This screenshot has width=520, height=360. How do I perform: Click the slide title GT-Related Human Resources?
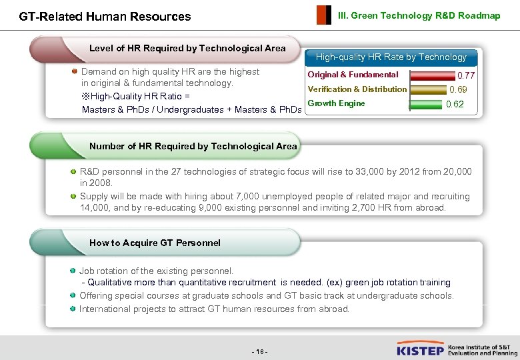pyautogui.click(x=105, y=17)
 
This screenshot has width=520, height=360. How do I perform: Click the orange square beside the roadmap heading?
pyautogui.click(x=323, y=15)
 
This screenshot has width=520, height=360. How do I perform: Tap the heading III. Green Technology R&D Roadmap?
pyautogui.click(x=419, y=15)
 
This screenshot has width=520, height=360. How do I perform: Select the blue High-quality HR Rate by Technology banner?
pyautogui.click(x=391, y=57)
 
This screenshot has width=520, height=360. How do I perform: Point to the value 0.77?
pyautogui.click(x=466, y=76)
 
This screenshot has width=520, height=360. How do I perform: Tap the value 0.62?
pyautogui.click(x=455, y=104)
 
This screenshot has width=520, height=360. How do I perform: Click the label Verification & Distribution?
pyautogui.click(x=357, y=89)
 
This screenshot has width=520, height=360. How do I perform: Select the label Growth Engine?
pyautogui.click(x=336, y=103)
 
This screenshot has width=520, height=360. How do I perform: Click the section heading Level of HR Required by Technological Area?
pyautogui.click(x=187, y=48)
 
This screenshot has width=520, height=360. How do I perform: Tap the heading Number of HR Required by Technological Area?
pyautogui.click(x=193, y=146)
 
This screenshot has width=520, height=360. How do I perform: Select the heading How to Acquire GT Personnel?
pyautogui.click(x=155, y=243)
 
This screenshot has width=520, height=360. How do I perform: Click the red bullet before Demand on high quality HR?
pyautogui.click(x=75, y=71)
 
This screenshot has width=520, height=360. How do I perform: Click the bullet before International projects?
pyautogui.click(x=72, y=309)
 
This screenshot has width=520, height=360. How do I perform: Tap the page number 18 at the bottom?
pyautogui.click(x=260, y=351)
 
